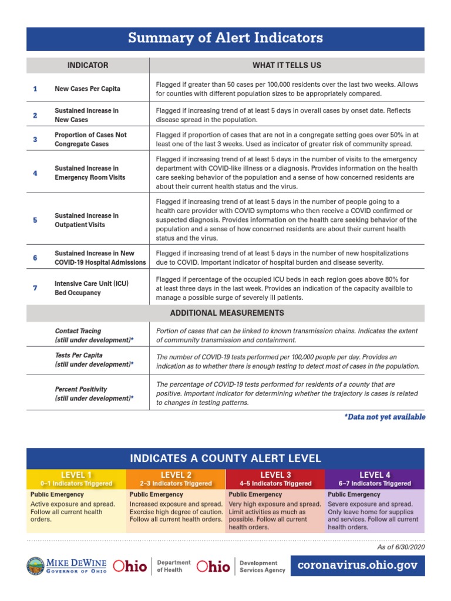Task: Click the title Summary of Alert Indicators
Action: tap(225, 39)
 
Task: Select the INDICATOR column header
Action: tap(87, 65)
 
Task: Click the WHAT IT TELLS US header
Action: tap(287, 65)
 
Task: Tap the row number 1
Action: tap(35, 89)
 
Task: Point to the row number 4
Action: tap(35, 173)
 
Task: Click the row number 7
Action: tap(35, 288)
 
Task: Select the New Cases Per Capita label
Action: tap(87, 89)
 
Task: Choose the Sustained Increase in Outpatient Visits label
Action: tap(87, 220)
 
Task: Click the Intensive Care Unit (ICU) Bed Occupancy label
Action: tap(92, 288)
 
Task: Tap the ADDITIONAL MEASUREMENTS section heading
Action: tap(227, 313)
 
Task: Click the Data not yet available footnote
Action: tap(385, 417)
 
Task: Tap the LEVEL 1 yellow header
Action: tap(76, 478)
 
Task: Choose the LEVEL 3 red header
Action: tap(275, 478)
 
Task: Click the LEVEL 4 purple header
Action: tap(374, 478)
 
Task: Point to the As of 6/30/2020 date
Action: tap(401, 547)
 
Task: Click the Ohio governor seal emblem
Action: tap(36, 566)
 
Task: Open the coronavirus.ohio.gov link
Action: tap(358, 565)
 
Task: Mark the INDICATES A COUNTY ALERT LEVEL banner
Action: tap(225, 458)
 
